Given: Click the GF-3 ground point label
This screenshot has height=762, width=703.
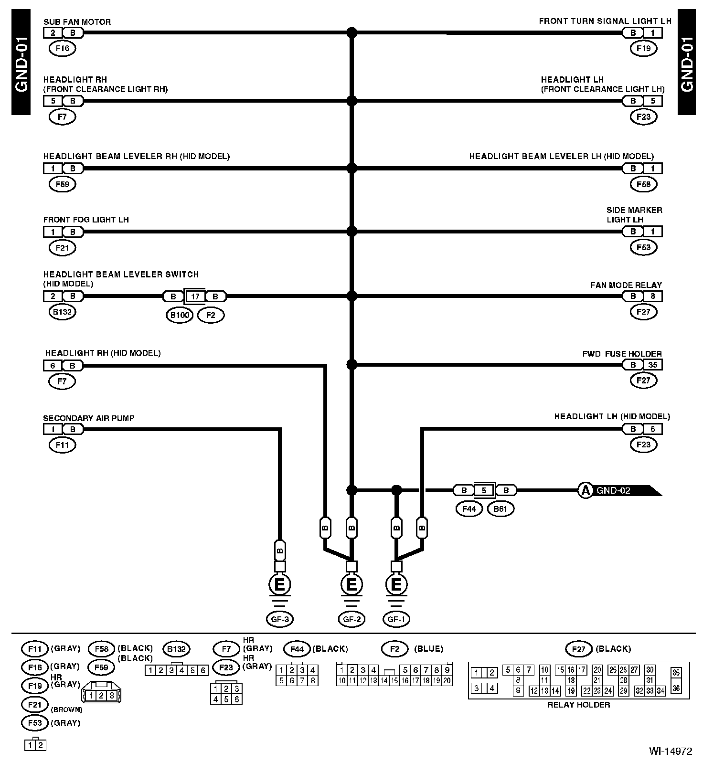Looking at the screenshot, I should [279, 619].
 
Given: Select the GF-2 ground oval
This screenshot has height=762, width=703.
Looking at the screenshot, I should [351, 619].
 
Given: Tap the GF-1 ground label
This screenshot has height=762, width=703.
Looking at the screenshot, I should [396, 619].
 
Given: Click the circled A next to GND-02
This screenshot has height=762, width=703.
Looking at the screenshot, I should [585, 490].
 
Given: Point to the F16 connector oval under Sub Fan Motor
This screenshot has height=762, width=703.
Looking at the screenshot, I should [63, 48].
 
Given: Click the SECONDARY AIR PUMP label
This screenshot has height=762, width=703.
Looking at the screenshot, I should [88, 418].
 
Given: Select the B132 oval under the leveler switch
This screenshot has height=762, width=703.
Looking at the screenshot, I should [63, 312].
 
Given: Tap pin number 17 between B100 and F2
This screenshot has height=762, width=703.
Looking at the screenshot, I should [195, 296].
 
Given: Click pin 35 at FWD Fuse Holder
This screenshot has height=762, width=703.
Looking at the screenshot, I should [653, 365].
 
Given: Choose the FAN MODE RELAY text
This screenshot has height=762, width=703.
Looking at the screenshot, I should [626, 285].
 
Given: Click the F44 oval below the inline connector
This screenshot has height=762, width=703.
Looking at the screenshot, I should [469, 509].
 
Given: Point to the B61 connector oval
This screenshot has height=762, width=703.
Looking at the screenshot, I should [500, 509].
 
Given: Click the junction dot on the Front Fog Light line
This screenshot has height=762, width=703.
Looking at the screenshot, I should [351, 232].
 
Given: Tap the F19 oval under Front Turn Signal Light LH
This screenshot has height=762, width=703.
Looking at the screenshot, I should [643, 48].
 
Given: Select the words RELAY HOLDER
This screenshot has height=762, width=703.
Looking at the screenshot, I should [578, 705].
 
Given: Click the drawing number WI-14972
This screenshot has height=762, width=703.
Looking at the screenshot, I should [670, 751].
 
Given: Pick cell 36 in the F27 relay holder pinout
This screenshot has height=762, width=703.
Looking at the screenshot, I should [676, 688].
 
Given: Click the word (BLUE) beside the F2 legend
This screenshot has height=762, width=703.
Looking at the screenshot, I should [428, 649].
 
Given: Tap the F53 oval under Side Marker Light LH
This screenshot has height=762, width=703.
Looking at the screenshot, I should [643, 247].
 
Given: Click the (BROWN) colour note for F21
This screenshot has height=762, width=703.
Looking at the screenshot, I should [66, 709].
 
